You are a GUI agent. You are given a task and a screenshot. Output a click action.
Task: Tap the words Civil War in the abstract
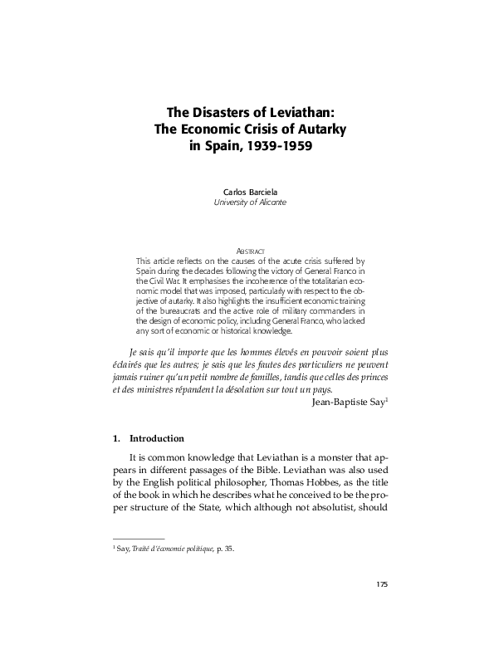click(x=169, y=280)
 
